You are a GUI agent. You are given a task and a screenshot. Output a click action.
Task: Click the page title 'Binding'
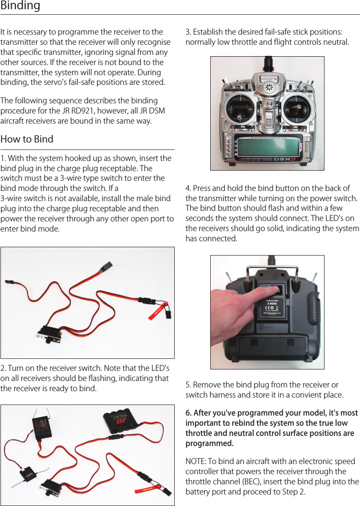20,6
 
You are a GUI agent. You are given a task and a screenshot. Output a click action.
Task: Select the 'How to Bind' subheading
27,139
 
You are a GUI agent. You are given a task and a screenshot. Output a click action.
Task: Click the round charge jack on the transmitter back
262,328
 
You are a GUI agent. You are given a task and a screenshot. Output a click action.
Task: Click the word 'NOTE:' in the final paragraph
196,462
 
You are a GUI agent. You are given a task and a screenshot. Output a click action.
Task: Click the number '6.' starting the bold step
189,413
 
